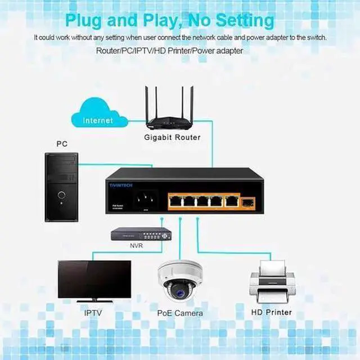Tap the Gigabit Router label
[x=172, y=137]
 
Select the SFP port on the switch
[x=248, y=200]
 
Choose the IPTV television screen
[x=94, y=278]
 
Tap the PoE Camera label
[x=180, y=313]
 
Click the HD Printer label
[x=271, y=312]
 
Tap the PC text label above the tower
[x=62, y=144]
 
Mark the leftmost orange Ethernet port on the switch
[x=177, y=201]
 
